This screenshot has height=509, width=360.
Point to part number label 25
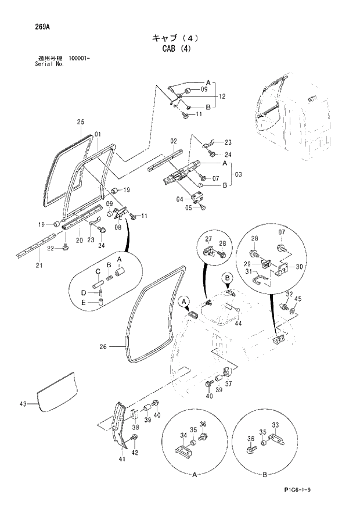tap(81, 122)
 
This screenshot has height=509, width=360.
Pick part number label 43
tap(23, 404)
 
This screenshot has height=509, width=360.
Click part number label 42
tap(135, 453)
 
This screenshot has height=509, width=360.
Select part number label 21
tap(38, 266)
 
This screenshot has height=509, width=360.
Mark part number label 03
tap(238, 174)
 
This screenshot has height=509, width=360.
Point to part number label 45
tap(298, 299)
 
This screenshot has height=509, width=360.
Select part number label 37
tap(228, 383)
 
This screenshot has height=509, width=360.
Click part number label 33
tap(275, 425)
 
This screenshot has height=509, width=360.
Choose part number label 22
tap(51, 248)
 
